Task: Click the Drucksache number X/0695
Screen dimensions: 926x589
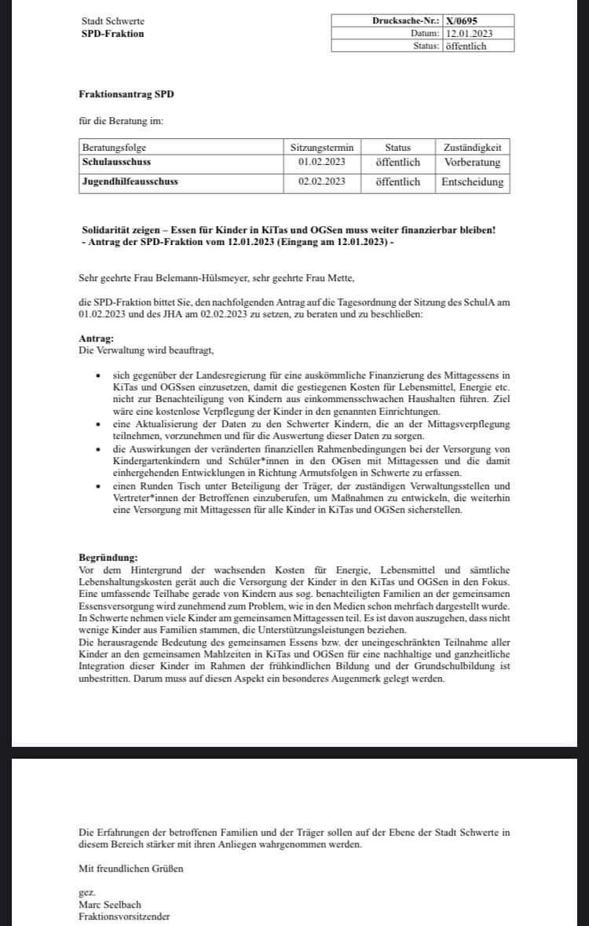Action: [462, 20]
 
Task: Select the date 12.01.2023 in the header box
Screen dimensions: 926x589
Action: [469, 33]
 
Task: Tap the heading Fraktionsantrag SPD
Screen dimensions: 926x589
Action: [126, 94]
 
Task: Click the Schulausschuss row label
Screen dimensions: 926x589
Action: [116, 162]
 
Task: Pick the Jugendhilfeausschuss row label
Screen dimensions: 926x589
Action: [130, 181]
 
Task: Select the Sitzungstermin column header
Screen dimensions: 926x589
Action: [322, 147]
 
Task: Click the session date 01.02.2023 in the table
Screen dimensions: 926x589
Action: [322, 162]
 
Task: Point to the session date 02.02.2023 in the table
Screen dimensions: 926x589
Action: [322, 181]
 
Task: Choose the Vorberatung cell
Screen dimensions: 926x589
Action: [472, 162]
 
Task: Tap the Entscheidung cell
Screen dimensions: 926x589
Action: [472, 181]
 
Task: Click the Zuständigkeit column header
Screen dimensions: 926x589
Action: [472, 147]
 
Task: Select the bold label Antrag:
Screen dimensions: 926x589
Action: [96, 338]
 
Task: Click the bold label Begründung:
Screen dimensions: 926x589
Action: [108, 557]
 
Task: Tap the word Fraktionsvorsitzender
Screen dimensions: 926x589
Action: [124, 916]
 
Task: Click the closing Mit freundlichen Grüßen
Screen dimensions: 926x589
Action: [131, 869]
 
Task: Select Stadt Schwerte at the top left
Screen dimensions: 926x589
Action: [112, 21]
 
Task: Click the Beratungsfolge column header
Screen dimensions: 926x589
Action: [115, 147]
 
